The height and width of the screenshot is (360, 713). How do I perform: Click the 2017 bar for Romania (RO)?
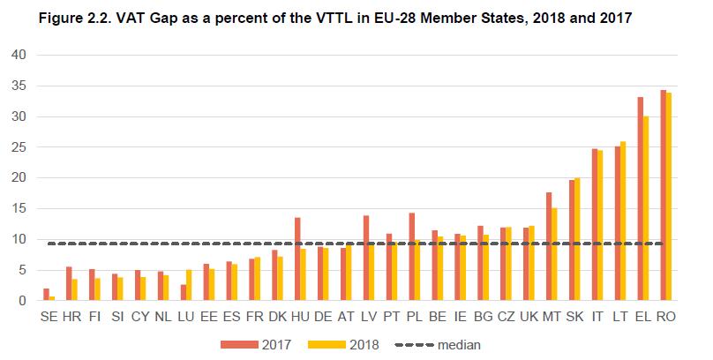pos(662,195)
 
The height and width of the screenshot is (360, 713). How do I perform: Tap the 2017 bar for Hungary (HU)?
pos(297,259)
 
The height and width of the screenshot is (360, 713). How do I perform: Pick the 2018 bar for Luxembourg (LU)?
pos(189,285)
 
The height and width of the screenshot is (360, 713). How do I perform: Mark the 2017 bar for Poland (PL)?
pos(411,257)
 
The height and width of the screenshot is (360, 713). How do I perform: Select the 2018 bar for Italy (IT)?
pos(600,225)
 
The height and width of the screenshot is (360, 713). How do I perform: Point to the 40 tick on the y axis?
pos(20,55)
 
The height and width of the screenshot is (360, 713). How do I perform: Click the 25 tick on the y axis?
pos(20,147)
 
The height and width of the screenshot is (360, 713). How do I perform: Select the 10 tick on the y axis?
pos(20,240)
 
